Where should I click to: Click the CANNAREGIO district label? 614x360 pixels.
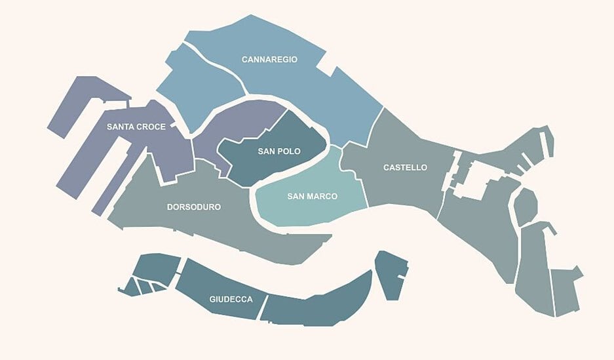(x=269, y=60)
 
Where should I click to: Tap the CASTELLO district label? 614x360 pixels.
(x=405, y=168)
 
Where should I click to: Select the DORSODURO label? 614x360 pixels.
(x=194, y=207)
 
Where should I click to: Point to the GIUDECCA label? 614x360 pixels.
(x=231, y=300)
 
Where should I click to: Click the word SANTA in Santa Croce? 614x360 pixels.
(x=122, y=127)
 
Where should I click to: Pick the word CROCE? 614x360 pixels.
(x=152, y=127)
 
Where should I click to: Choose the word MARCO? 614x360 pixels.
(x=322, y=197)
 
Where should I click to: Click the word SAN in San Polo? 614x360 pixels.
(x=266, y=151)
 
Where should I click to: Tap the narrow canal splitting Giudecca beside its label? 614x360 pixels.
(x=264, y=307)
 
